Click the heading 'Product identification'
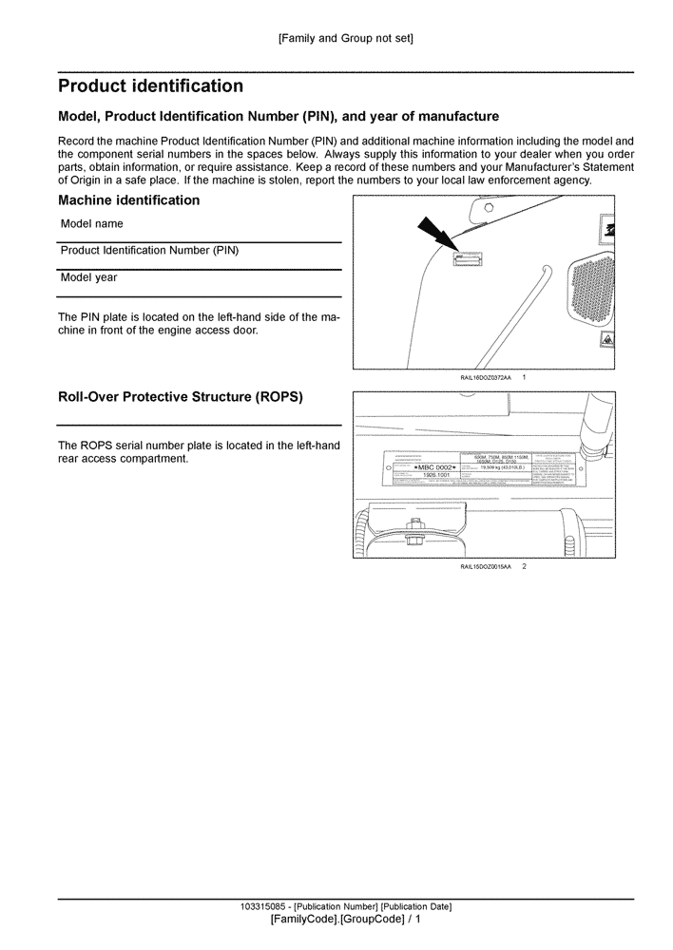point(150,86)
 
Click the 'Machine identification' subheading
point(128,200)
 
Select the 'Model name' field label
point(92,224)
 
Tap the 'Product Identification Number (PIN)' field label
point(149,251)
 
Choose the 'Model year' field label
point(88,278)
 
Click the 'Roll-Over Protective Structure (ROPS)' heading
point(181,397)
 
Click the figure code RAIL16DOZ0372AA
point(485,378)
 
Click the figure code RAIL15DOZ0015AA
point(485,566)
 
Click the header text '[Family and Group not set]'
point(345,39)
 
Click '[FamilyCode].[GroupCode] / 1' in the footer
point(345,920)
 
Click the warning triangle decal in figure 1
point(606,339)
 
